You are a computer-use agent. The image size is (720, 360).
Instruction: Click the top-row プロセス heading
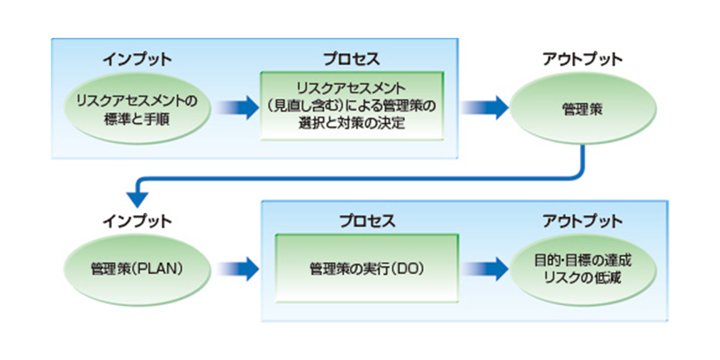[350, 59]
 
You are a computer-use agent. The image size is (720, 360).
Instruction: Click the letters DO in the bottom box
[410, 270]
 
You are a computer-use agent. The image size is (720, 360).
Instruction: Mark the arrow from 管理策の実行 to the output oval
[486, 270]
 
